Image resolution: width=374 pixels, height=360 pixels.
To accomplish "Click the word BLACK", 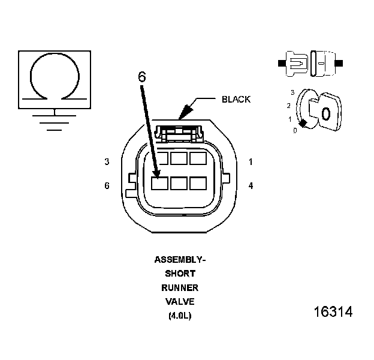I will point(236,100).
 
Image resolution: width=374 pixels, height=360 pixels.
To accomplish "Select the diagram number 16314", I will point(333,313).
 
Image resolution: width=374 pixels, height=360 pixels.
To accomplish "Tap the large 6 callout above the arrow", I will point(141,77).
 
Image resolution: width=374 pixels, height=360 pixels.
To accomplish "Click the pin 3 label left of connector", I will point(107,162).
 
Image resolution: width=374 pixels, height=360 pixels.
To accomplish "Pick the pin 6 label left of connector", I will point(107,186).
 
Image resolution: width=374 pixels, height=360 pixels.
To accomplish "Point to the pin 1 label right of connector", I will point(251,162).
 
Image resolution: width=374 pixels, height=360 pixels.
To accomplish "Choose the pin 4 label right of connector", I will point(251,186).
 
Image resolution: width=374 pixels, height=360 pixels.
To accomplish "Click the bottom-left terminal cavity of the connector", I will point(159,184).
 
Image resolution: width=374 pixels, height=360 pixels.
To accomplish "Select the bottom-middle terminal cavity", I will point(179,184).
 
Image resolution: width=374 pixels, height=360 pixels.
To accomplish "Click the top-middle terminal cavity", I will point(179,158).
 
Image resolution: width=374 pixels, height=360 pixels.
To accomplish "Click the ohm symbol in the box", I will point(55,76).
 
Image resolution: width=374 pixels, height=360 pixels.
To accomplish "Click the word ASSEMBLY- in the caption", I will point(180,260).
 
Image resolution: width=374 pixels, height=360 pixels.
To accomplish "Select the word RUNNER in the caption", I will point(180,288).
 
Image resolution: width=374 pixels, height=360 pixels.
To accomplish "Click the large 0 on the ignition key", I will point(325,114).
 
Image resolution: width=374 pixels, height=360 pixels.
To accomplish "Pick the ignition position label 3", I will point(292,92).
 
